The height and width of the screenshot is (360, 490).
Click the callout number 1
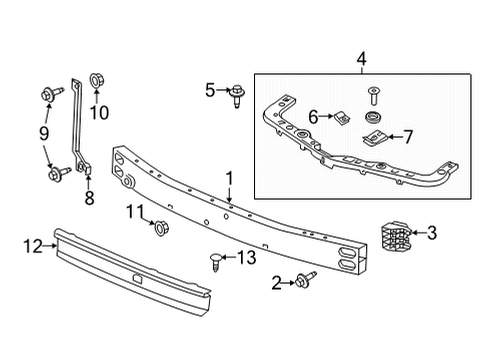pos(229,179)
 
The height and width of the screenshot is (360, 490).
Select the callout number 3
pos(432,233)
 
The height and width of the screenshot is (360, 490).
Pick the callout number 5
pos(211,90)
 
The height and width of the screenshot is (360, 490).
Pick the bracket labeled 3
pos(396,239)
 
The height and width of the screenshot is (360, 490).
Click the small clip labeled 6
pos(339,118)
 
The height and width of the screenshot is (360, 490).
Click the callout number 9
pos(43,132)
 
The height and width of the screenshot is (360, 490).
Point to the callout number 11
pos(134,210)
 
